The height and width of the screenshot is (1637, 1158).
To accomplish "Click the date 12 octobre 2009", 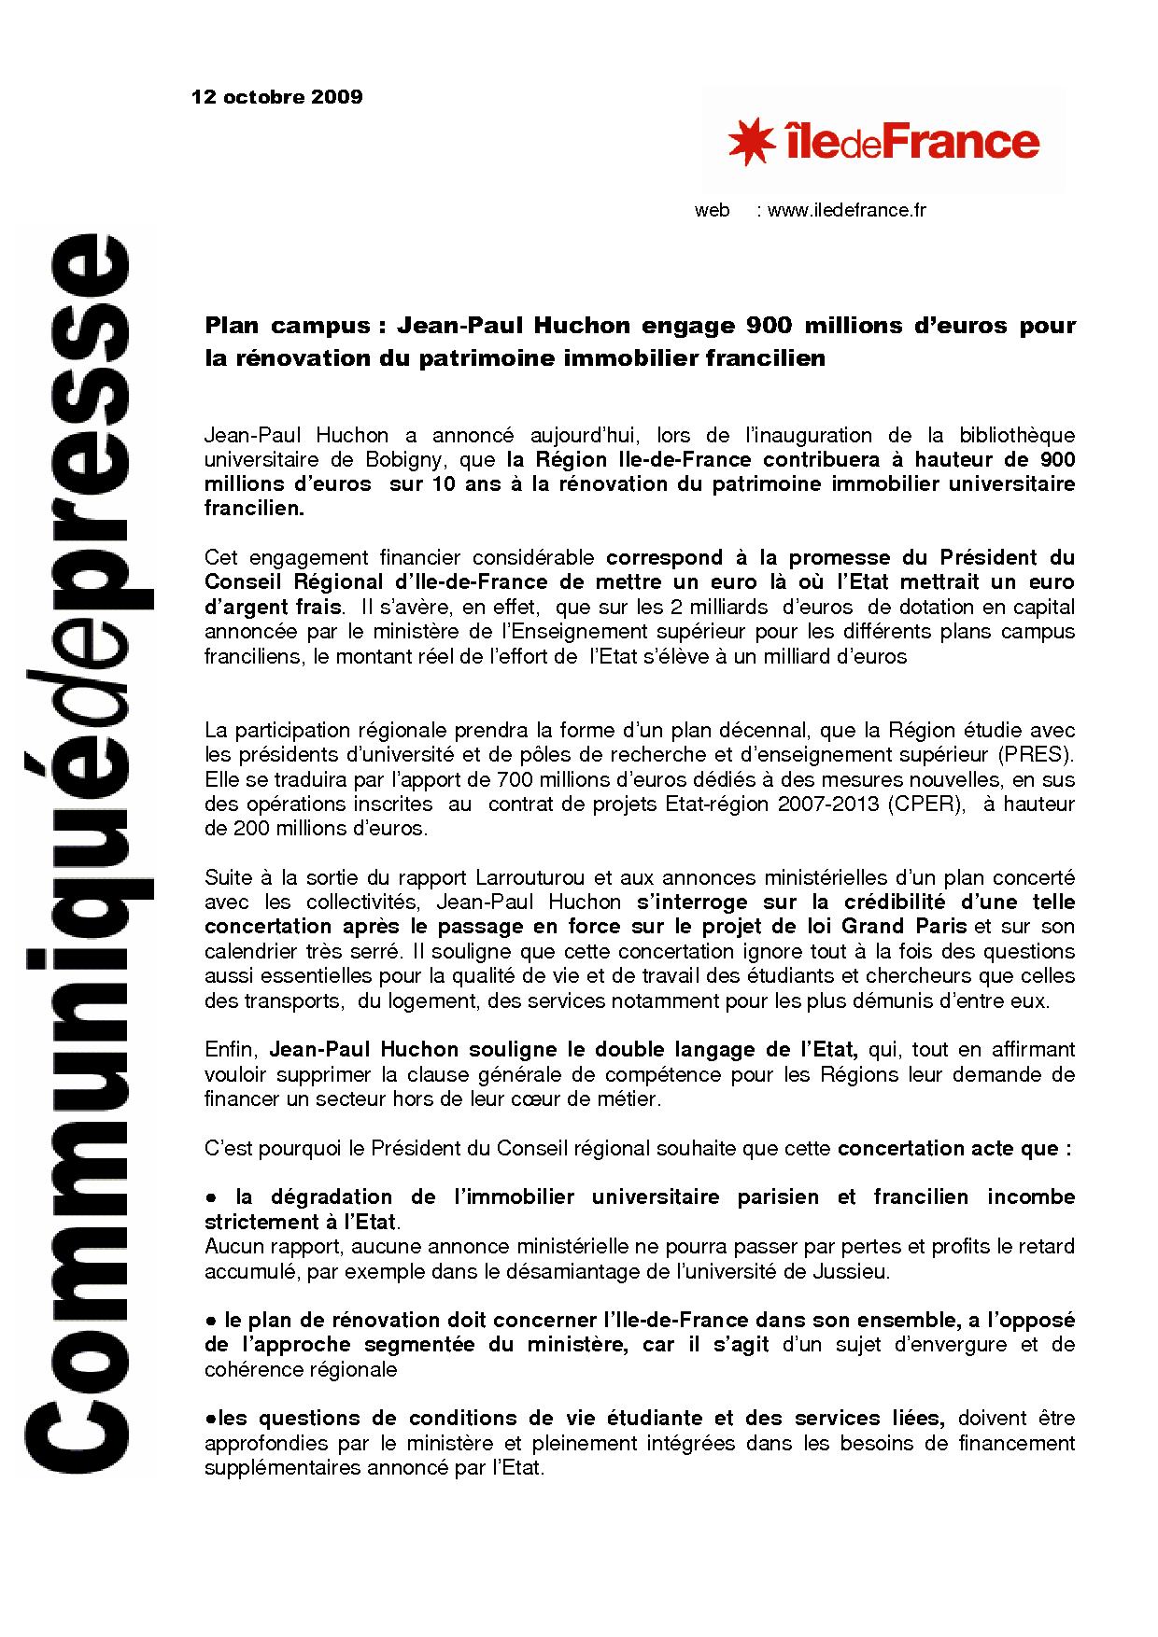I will coord(276,97).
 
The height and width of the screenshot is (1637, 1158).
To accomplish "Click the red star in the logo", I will coord(752,141).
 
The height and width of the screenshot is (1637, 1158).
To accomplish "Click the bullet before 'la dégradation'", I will coord(211,1197).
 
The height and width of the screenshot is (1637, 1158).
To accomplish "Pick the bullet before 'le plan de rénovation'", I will coord(211,1321).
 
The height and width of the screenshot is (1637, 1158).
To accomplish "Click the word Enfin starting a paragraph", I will coord(227,1050).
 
